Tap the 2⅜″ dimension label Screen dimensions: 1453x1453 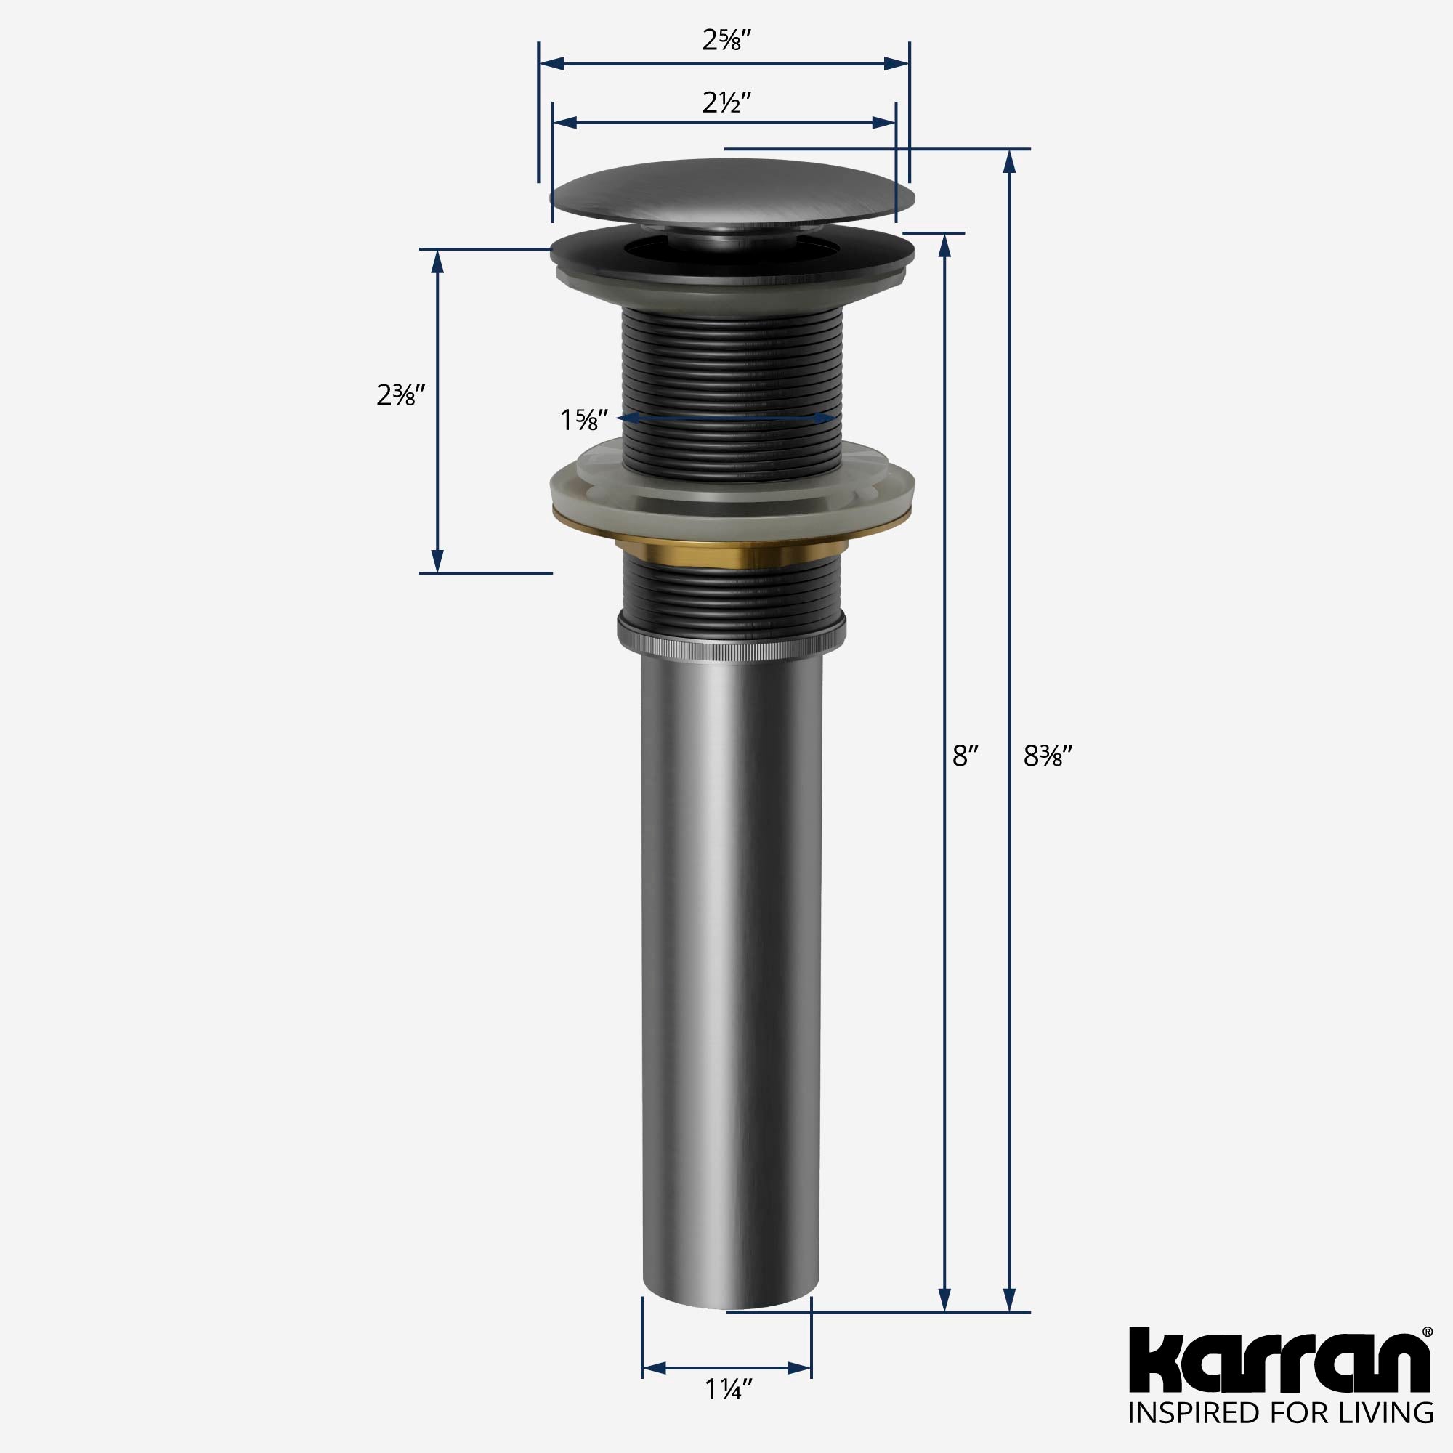click(401, 394)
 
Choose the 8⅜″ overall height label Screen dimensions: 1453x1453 click(1046, 755)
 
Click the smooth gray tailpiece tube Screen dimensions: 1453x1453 click(731, 978)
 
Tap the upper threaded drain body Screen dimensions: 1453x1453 click(731, 376)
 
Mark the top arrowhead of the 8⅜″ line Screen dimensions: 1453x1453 click(1010, 162)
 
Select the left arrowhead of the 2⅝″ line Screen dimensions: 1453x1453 click(553, 64)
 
